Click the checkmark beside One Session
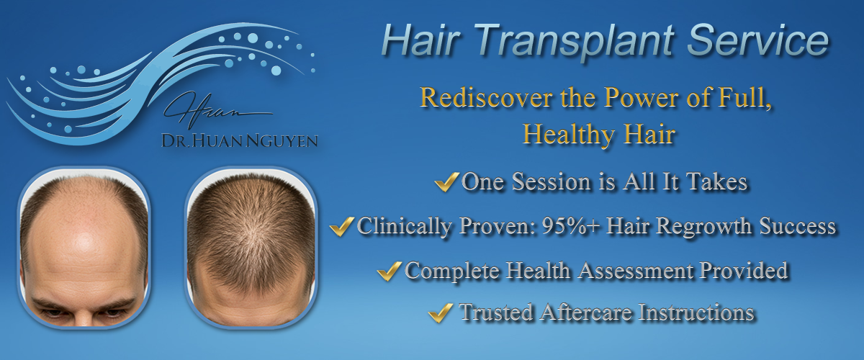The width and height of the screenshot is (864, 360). coord(446,181)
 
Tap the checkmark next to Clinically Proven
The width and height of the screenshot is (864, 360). coord(342,226)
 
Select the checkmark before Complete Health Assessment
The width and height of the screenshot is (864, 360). coord(389,271)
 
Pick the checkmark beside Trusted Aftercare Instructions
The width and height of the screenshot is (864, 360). coord(441,313)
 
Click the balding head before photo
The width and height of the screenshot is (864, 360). coord(84,248)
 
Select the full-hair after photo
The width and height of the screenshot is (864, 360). coord(251,248)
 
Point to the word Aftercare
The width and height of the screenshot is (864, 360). coord(586,312)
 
